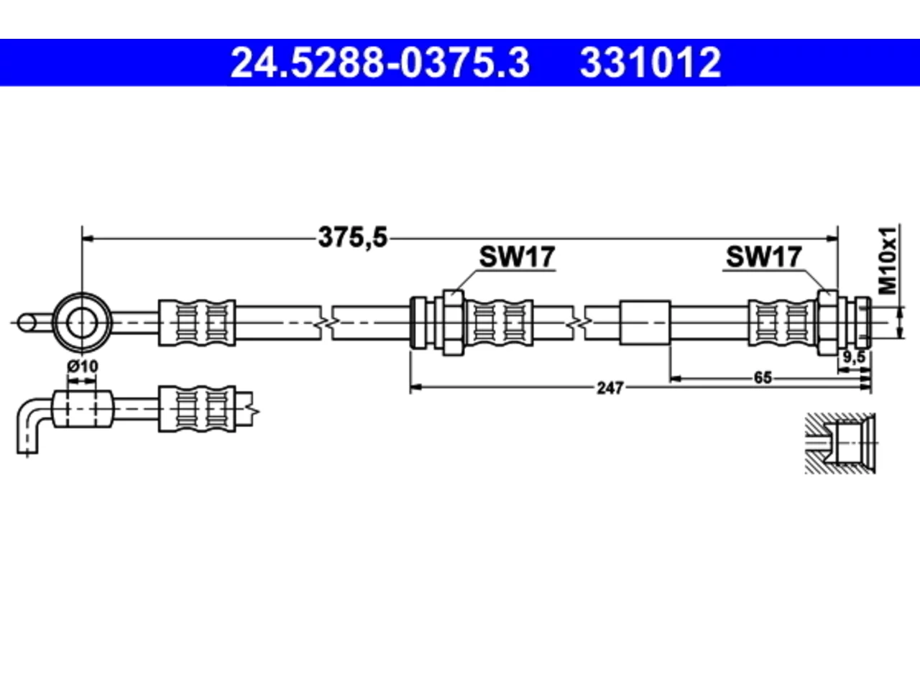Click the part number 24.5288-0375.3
[x=380, y=63]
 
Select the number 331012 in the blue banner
[x=650, y=63]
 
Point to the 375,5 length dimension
[x=353, y=237]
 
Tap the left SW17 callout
[x=517, y=257]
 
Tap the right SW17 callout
[x=763, y=257]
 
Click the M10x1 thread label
[x=888, y=261]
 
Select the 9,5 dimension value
[x=854, y=357]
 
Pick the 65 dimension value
[x=763, y=378]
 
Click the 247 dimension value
[x=610, y=388]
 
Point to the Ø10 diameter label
[x=83, y=367]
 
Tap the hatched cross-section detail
[x=840, y=443]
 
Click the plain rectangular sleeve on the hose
[x=645, y=323]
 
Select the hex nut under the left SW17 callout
[x=453, y=323]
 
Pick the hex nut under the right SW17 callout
[x=827, y=323]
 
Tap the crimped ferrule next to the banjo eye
[x=197, y=323]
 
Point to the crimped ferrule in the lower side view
[x=197, y=409]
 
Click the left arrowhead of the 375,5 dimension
[x=88, y=239]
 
